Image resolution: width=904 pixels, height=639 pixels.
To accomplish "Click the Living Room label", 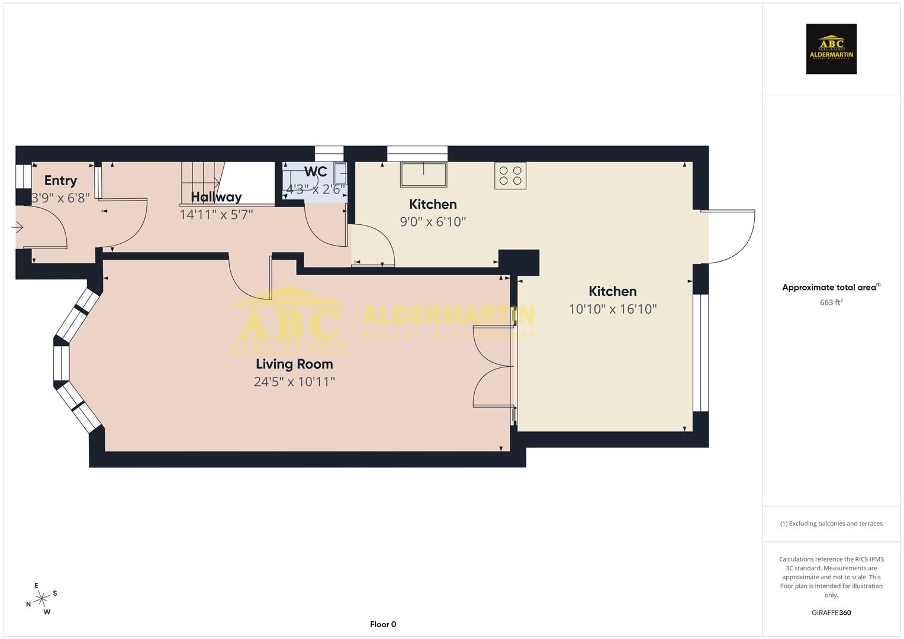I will [294, 364].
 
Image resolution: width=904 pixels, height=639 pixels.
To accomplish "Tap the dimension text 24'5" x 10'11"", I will [294, 382].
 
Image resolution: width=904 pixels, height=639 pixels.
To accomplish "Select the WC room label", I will [316, 172].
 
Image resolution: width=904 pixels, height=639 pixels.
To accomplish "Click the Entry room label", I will [60, 180].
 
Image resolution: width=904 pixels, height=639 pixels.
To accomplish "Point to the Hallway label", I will [216, 197].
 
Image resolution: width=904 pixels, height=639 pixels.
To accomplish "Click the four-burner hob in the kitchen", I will [510, 176].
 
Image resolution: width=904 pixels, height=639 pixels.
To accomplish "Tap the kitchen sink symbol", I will [423, 175].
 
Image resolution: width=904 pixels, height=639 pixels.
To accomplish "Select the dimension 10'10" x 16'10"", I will [613, 309].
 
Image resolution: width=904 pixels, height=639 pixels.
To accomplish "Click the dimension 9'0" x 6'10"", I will [433, 222].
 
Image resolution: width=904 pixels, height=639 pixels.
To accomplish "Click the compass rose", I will [41, 599].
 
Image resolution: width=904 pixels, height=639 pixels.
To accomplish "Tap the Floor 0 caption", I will [383, 624].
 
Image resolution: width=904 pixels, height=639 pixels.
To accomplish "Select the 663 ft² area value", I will [831, 302].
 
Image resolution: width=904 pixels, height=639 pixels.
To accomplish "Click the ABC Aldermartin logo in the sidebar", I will [831, 49].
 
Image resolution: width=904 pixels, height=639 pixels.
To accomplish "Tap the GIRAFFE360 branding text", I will [831, 613].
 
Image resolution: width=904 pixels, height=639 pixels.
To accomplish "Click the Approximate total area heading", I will [831, 288].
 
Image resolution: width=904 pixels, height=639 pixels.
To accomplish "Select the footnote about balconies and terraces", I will [831, 524].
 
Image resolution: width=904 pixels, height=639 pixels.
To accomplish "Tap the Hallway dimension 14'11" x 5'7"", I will [216, 214].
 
